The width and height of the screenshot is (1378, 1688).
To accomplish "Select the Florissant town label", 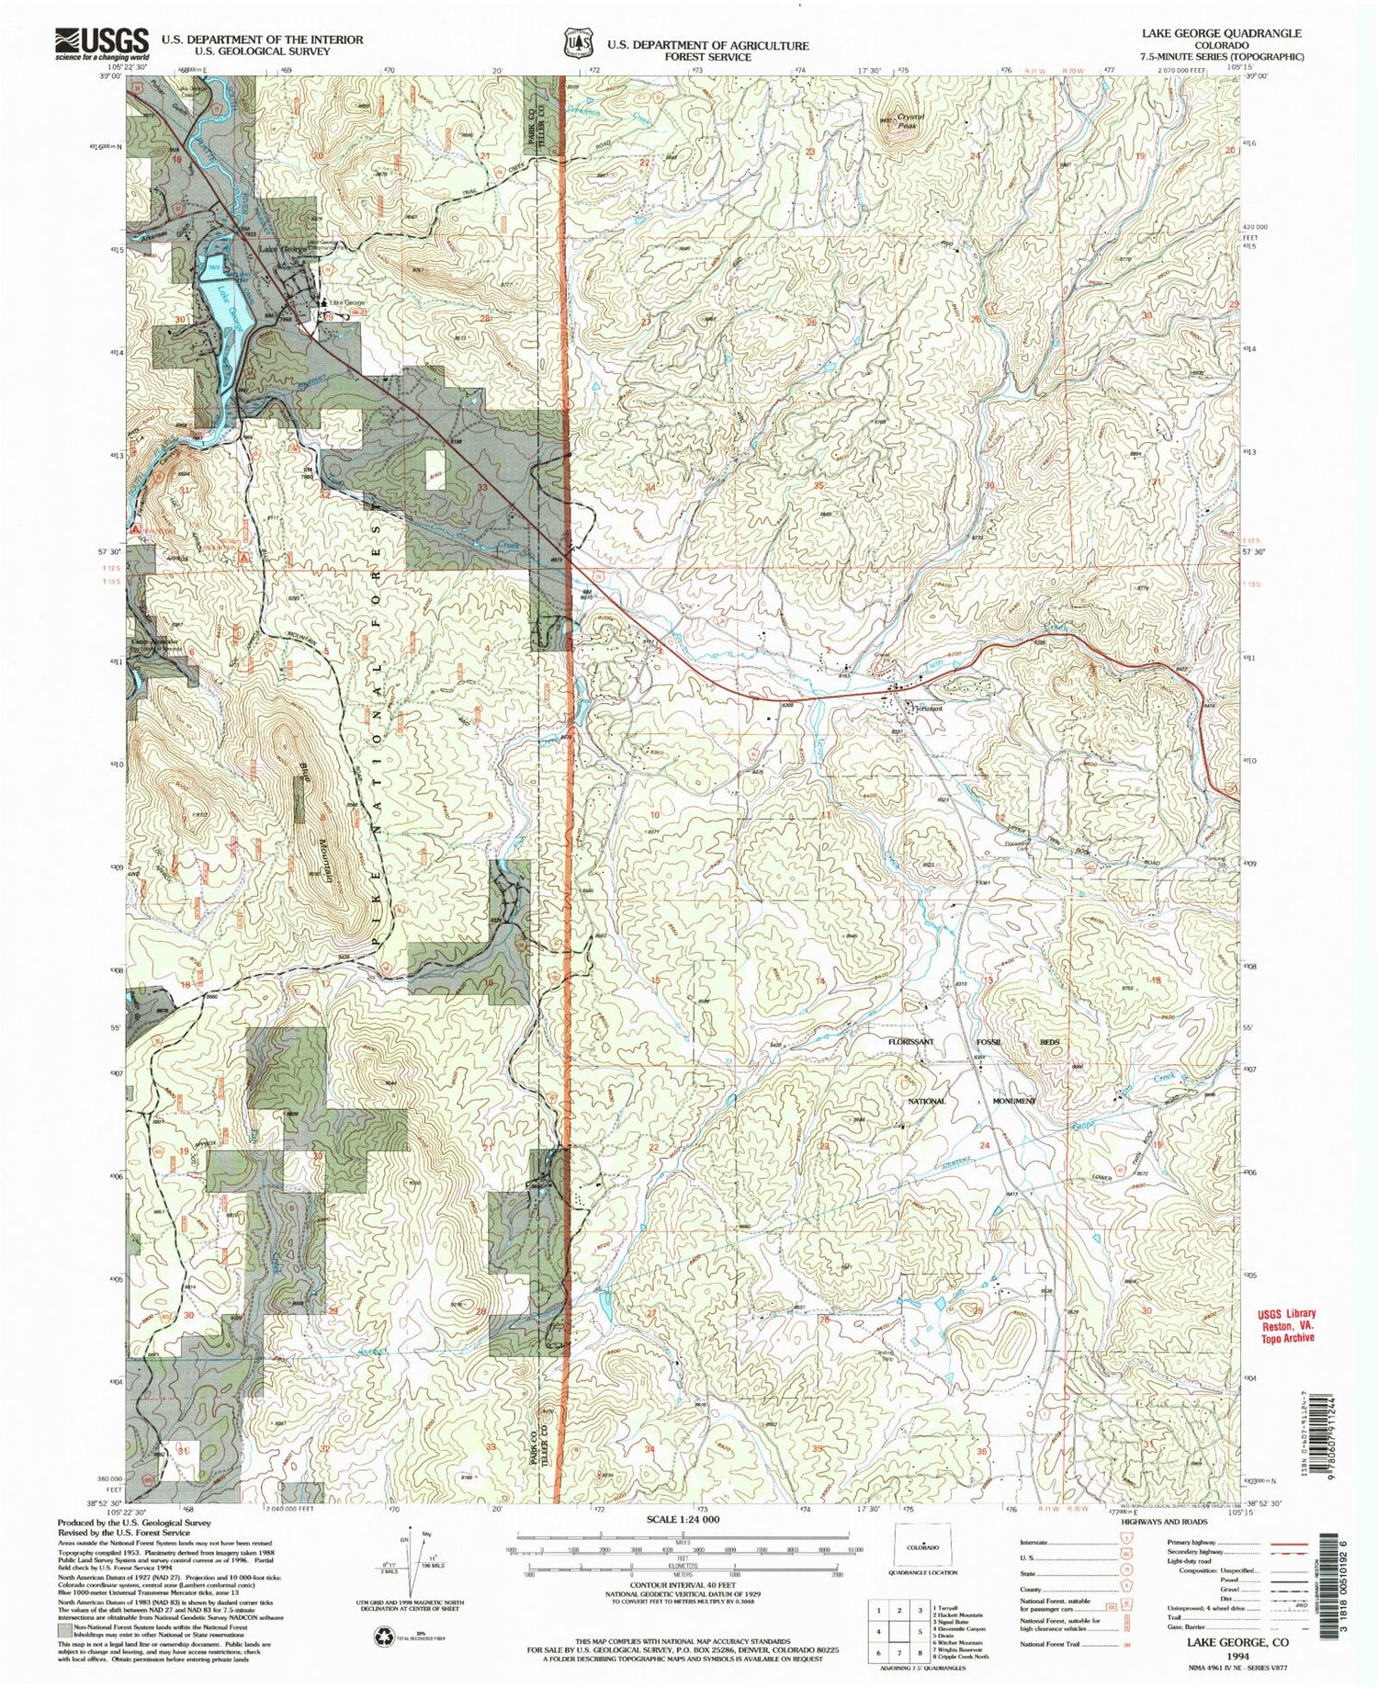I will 928,708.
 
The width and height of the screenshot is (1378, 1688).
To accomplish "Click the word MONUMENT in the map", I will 1014,1101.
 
